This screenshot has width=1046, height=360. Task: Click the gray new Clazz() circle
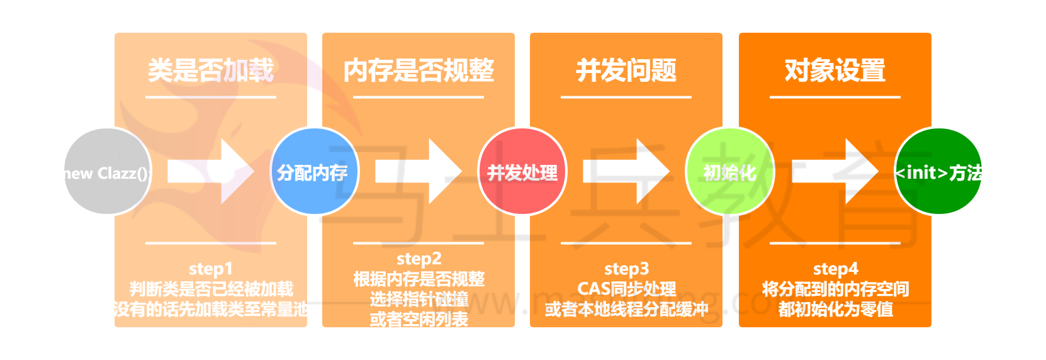(107, 171)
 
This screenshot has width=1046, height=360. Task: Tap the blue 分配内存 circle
(313, 171)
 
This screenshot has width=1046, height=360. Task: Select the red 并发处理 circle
(522, 171)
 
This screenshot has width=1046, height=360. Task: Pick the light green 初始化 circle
(729, 171)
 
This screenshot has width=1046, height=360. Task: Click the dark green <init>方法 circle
(938, 171)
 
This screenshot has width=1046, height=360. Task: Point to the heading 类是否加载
(211, 70)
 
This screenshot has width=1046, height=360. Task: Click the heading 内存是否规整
(419, 70)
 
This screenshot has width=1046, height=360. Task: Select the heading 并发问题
(626, 70)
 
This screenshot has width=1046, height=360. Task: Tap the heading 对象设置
(835, 70)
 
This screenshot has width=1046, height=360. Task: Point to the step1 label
(211, 269)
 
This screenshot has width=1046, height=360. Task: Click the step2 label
(419, 259)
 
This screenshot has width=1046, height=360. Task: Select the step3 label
(626, 269)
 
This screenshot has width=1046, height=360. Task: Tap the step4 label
(835, 269)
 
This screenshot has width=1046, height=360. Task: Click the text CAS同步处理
(626, 289)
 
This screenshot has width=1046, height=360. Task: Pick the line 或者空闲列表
(419, 319)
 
